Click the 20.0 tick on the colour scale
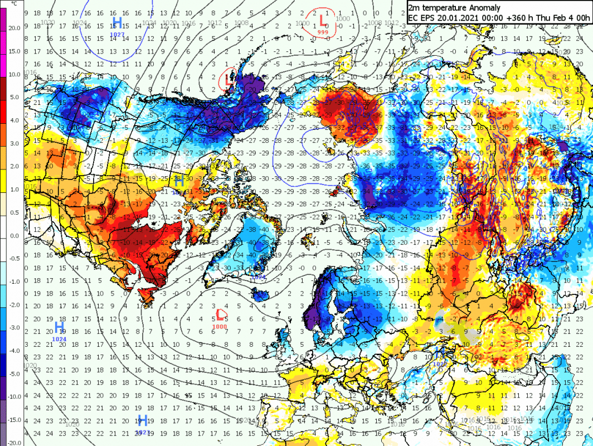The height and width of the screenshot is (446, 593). [13, 27]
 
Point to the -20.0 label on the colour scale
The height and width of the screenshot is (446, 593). [13, 443]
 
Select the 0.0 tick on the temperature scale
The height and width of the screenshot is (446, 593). [13, 235]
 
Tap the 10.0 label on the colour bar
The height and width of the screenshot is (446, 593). [13, 74]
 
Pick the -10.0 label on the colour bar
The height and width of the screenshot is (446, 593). [13, 396]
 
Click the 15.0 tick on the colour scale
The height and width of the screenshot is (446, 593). [13, 51]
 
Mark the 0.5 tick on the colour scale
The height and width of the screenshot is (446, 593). [13, 212]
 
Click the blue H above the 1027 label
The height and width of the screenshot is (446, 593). [117, 23]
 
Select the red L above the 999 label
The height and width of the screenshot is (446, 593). [323, 21]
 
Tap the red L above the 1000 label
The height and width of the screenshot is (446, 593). [220, 315]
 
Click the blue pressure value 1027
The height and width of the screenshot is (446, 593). [117, 35]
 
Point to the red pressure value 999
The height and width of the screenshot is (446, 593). [323, 32]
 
